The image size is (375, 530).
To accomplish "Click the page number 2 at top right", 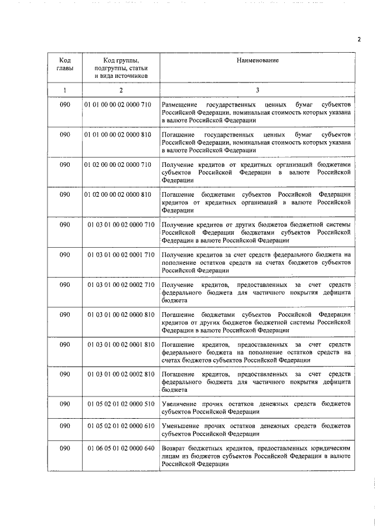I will click(x=359, y=40).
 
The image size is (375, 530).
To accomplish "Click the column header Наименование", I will click(x=257, y=60).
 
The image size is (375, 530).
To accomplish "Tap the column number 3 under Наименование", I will click(x=257, y=90).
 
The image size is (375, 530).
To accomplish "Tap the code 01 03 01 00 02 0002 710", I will click(x=121, y=285).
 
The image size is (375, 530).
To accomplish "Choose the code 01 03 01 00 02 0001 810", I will click(x=121, y=344).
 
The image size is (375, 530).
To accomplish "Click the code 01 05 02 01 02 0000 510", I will click(x=121, y=404).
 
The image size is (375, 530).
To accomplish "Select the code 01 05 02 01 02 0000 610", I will click(x=121, y=426).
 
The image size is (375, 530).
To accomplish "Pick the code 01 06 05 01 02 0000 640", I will click(x=121, y=448).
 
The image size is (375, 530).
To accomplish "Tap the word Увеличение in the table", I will click(x=179, y=404).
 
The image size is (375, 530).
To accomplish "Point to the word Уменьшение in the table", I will click(x=180, y=426).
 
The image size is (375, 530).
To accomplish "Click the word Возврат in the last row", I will click(x=173, y=448).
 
